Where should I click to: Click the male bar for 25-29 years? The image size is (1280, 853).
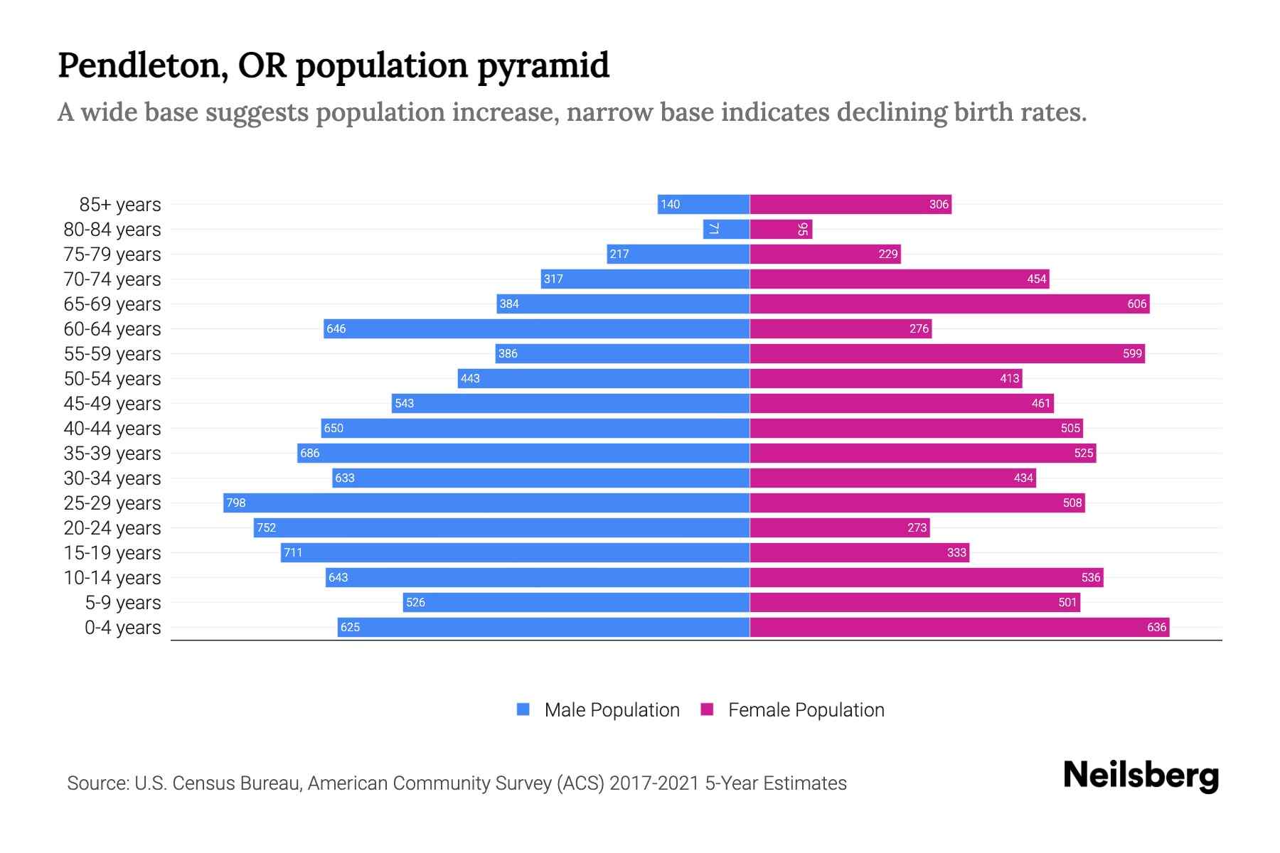click(x=486, y=503)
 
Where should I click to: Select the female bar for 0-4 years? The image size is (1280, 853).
click(x=959, y=628)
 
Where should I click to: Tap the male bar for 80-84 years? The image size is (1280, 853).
click(x=727, y=230)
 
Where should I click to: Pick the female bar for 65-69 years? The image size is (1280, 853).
click(x=949, y=304)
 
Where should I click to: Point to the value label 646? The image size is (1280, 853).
click(x=336, y=329)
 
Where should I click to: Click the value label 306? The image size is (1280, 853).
click(x=939, y=205)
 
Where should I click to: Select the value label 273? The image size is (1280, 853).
click(x=917, y=528)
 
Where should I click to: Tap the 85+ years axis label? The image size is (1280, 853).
click(x=120, y=205)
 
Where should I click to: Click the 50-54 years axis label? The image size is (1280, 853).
click(x=112, y=379)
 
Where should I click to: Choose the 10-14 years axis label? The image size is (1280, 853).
click(x=112, y=578)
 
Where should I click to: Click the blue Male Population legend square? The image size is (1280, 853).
click(x=523, y=709)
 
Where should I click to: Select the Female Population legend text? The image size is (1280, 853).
click(x=806, y=710)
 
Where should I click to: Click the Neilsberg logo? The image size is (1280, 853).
click(x=1141, y=775)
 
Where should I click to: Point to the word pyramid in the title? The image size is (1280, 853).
click(x=543, y=66)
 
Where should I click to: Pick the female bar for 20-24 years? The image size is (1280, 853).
click(x=840, y=528)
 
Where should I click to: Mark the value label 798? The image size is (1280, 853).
click(x=235, y=503)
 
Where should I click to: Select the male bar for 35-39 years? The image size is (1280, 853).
click(x=523, y=454)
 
